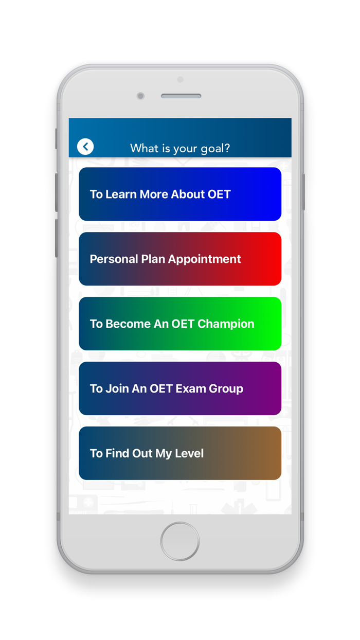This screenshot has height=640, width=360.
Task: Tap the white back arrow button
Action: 85,147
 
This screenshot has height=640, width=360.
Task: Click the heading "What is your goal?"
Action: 180,149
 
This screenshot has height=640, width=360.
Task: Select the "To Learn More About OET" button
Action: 180,194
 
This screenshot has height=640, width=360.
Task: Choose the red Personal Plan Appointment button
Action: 180,259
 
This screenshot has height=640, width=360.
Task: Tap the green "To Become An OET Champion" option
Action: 180,324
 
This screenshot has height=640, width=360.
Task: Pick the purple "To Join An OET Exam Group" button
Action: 180,388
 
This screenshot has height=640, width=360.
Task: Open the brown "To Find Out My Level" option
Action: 180,453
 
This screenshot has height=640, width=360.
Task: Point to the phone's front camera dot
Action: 140,96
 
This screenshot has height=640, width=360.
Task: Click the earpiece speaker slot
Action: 181,96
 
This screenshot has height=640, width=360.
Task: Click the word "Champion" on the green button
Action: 226,324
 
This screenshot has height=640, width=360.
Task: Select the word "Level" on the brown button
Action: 189,453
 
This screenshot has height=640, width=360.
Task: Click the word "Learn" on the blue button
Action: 121,194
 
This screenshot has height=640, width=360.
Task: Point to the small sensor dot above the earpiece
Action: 180,79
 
